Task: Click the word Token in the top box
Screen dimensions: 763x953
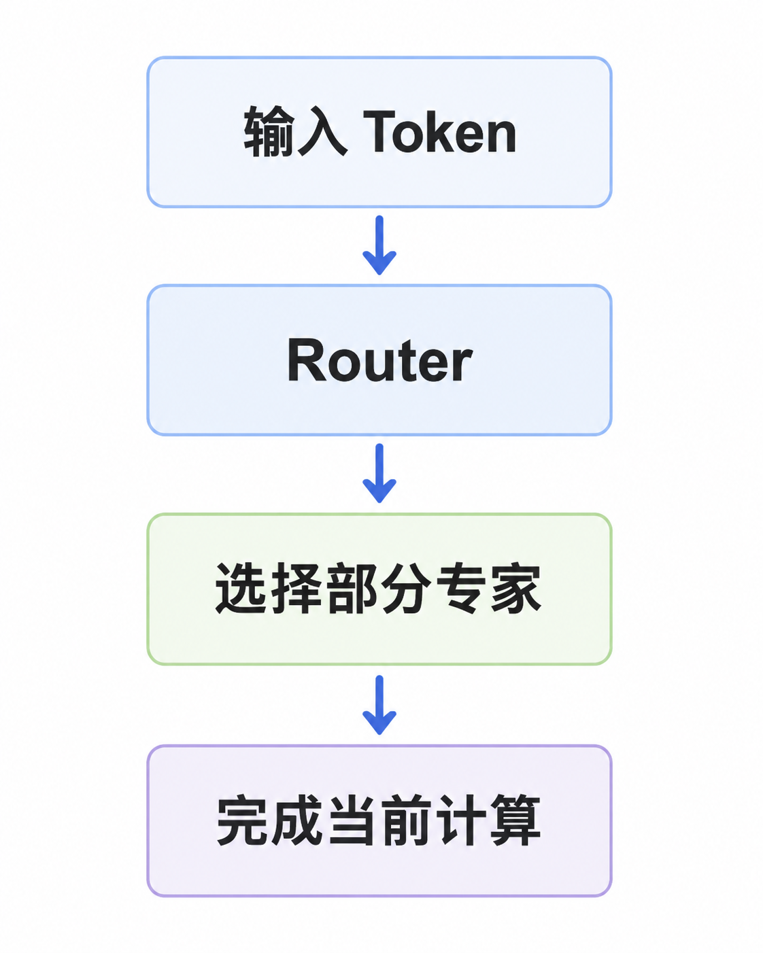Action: click(439, 131)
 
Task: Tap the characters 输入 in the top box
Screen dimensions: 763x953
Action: click(296, 131)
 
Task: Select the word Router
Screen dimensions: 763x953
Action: click(379, 360)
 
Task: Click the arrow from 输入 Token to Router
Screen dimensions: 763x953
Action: click(379, 245)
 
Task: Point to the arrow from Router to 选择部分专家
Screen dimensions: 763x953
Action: click(379, 473)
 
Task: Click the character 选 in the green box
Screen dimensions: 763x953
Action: click(241, 588)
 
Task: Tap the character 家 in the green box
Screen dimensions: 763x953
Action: click(516, 588)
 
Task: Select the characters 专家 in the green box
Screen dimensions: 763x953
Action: click(489, 588)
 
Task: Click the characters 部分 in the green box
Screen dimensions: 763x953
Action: click(379, 588)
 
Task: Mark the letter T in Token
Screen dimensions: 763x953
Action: click(379, 131)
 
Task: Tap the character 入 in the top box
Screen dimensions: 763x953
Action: click(322, 131)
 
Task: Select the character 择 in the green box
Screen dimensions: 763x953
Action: click(296, 588)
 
